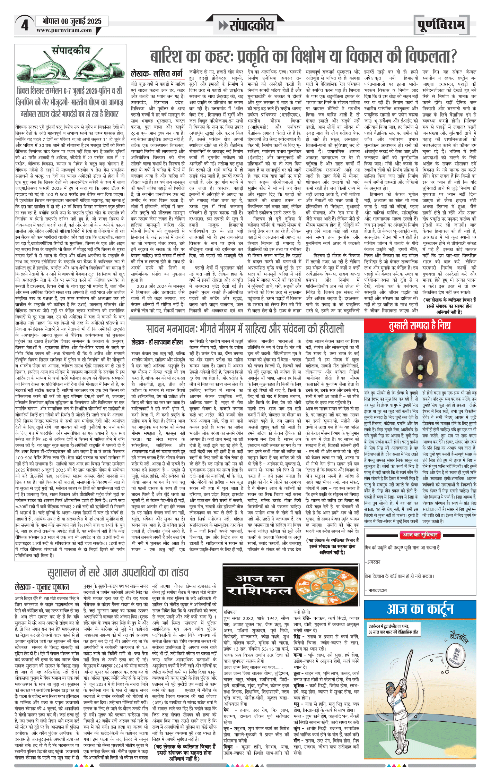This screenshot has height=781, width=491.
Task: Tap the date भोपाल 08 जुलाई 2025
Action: pos(72,21)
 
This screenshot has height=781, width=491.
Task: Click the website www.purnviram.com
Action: pos(64,30)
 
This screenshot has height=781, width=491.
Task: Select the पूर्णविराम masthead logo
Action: pos(441,25)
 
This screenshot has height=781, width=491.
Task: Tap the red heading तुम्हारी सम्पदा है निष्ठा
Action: pos(420,326)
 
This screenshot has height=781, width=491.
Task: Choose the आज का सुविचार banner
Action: pos(419,535)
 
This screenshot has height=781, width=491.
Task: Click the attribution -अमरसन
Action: pos(373,561)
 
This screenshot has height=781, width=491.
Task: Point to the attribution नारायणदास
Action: pos(377,590)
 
